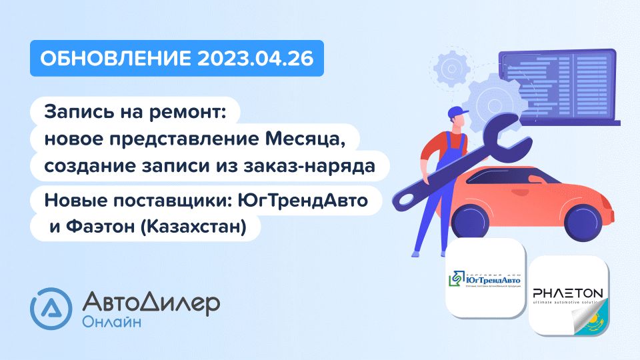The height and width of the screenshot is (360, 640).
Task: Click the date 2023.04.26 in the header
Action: pyautogui.click(x=255, y=59)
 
